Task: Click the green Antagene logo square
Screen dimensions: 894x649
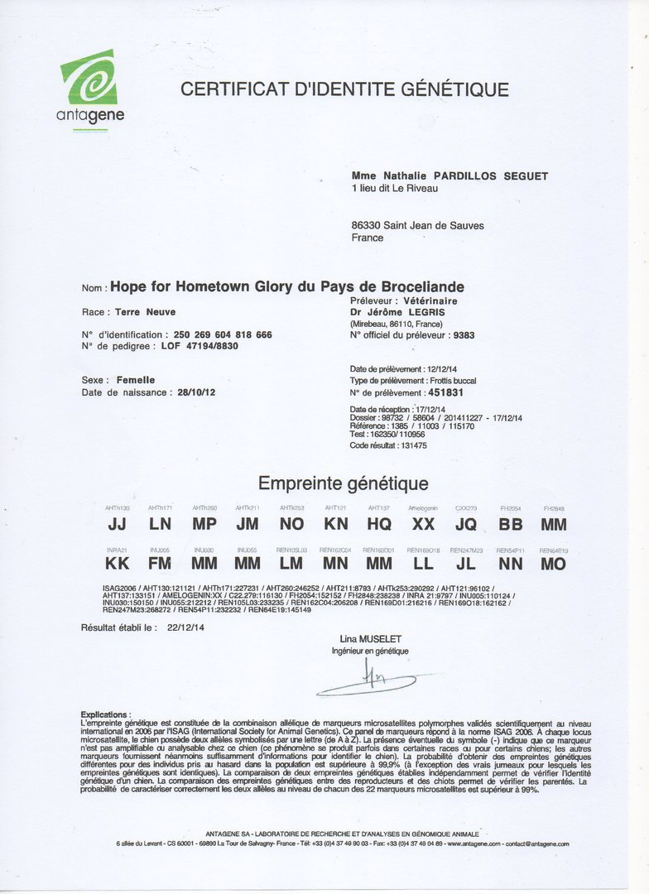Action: [x=89, y=77]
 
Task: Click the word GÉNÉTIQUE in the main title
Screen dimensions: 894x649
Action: [x=454, y=89]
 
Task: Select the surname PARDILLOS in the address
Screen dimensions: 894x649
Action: [x=444, y=176]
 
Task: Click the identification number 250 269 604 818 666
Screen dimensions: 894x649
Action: [x=223, y=334]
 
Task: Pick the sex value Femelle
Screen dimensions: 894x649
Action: [x=136, y=380]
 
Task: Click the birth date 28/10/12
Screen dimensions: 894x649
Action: [x=196, y=392]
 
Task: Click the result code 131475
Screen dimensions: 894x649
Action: [x=411, y=445]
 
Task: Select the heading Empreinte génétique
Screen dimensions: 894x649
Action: [x=343, y=483]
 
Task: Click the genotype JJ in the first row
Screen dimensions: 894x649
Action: [x=118, y=524]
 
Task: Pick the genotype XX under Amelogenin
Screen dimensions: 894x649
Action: [x=423, y=524]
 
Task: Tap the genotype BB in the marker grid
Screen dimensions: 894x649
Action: [x=510, y=524]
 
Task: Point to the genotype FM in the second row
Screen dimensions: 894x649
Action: [x=160, y=564]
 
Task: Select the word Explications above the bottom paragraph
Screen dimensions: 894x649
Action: [x=105, y=714]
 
